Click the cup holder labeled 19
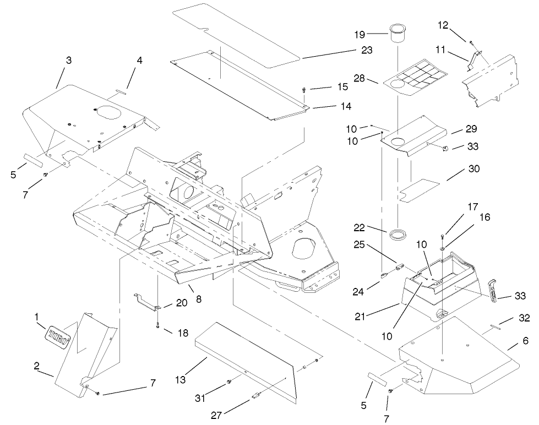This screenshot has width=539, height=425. [398, 32]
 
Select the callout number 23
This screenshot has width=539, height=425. [367, 50]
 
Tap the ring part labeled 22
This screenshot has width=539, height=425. [397, 235]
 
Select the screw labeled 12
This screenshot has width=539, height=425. [472, 42]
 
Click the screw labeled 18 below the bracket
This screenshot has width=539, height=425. [157, 324]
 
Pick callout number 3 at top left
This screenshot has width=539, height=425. [68, 61]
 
